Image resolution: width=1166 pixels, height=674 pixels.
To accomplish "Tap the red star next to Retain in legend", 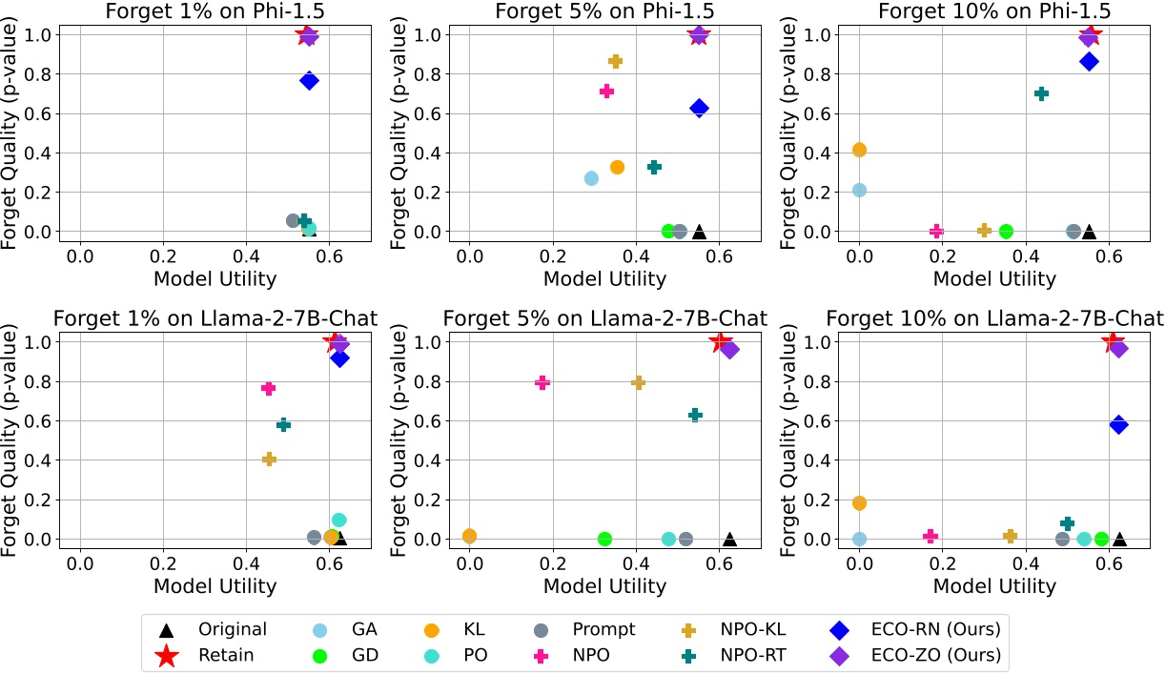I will coord(168,655).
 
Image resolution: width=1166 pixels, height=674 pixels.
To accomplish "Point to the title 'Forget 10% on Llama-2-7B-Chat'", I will coord(994,318).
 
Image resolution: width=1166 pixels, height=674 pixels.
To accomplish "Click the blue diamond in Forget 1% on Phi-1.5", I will coord(309,81).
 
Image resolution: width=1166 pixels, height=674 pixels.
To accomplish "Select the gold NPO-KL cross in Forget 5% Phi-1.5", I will coord(615,61).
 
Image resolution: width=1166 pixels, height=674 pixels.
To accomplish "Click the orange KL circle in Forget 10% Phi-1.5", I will coord(859,150).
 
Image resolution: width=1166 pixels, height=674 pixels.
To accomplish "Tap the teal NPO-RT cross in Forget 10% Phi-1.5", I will coord(1041,93).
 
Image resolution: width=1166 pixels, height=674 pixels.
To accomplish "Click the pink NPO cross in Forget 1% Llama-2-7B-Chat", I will coord(268,388).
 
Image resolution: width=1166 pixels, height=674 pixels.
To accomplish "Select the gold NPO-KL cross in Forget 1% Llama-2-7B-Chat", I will coord(269,459).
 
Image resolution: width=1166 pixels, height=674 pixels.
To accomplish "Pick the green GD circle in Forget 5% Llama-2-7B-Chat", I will coord(603,539).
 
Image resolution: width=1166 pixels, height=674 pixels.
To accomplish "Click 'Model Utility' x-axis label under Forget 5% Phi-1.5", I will coord(604,278).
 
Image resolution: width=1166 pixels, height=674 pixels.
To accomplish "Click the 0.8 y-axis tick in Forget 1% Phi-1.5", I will coord(45,74).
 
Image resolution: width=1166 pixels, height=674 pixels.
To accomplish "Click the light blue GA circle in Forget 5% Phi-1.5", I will coord(591,178).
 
